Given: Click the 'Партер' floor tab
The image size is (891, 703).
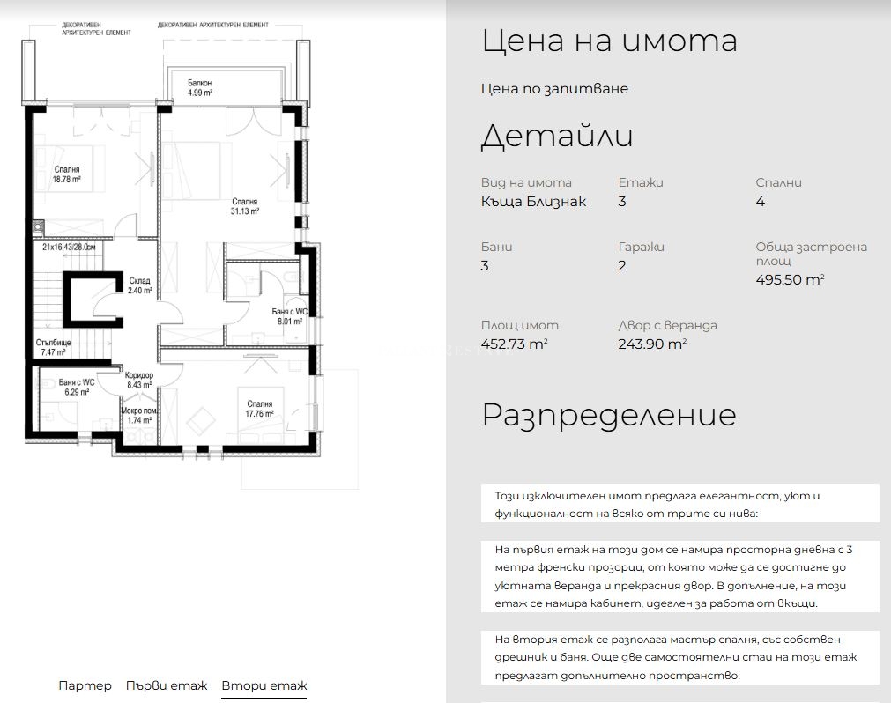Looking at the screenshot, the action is click(85, 685).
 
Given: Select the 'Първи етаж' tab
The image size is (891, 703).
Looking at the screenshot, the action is click(167, 685).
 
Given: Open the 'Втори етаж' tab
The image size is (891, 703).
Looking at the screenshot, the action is click(264, 685).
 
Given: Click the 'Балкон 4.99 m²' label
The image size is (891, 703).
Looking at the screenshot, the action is click(200, 87).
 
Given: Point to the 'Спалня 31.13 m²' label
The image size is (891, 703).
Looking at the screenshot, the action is click(245, 206).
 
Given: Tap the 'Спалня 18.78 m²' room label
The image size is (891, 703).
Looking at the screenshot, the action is click(67, 174).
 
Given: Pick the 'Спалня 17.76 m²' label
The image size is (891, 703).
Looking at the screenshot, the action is click(260, 409).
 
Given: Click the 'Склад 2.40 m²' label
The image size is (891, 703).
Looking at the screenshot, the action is click(140, 285).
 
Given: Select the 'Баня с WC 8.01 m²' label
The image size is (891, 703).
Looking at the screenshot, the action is click(290, 316).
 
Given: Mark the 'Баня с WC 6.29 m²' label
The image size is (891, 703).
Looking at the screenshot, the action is click(77, 388).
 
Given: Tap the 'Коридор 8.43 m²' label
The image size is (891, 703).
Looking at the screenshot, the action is click(139, 380).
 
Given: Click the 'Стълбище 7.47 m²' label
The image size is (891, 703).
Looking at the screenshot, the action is click(54, 347).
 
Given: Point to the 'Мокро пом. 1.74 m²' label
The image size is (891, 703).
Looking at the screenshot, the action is click(140, 415).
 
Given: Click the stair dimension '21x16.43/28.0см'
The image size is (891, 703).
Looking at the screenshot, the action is click(69, 247).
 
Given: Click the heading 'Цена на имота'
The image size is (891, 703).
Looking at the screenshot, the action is click(610, 41).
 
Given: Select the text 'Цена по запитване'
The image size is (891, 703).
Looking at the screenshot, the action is click(554, 89).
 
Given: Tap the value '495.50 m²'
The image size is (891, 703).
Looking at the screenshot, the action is click(790, 279).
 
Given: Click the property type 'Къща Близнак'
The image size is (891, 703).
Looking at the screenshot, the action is click(533, 201).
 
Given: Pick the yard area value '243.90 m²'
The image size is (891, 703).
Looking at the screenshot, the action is click(652, 344).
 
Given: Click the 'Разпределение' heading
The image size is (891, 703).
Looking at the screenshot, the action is click(609, 415).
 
